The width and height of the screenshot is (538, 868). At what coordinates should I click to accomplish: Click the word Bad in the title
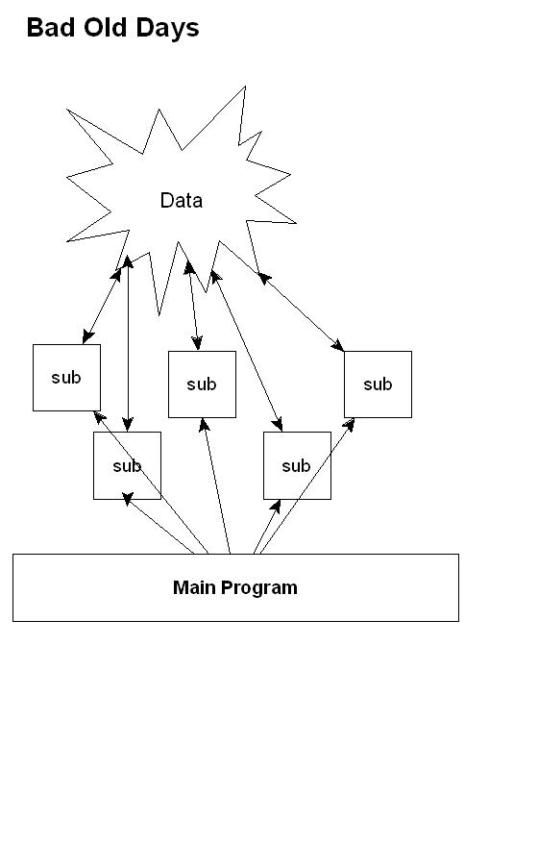50,28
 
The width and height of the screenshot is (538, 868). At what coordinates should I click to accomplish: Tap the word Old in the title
105,28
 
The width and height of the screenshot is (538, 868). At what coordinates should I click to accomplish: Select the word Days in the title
167,29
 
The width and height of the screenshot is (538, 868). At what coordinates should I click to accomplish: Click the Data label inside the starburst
181,200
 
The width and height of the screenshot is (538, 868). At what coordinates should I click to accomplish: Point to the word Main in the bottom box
194,587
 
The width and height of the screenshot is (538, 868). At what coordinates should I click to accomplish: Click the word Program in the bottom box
259,588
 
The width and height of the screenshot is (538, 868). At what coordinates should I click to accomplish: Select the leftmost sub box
66,378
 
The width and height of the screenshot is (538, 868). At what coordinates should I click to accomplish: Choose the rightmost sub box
378,384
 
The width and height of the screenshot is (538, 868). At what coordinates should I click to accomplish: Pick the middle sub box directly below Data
202,384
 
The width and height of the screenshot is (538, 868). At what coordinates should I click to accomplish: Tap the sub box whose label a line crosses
128,465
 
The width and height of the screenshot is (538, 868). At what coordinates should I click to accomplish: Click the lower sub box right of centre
297,465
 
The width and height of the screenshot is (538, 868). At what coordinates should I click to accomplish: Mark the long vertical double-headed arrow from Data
128,343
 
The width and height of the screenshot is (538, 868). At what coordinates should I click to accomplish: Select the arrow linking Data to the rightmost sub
301,311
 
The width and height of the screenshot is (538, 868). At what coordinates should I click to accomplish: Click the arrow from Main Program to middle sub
216,486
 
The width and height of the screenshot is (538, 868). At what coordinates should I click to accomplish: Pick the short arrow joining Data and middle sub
193,306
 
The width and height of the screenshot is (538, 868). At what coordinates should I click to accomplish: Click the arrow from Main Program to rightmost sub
307,486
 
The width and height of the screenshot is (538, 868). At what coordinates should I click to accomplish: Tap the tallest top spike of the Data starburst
244,88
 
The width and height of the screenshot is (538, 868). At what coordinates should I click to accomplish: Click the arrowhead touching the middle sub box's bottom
204,425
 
